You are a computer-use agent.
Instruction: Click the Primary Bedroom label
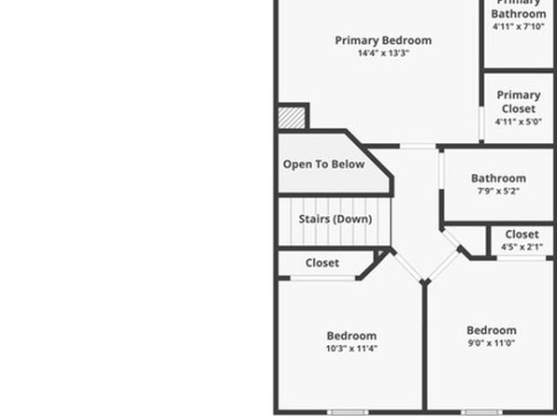point(383,40)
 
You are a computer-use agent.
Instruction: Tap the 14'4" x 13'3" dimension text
point(384,53)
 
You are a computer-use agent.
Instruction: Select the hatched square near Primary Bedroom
point(292,118)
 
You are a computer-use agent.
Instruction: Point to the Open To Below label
point(323,165)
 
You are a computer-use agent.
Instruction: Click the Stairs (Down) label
point(336,219)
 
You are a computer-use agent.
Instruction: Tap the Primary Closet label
point(519,102)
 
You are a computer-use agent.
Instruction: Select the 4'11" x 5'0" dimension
point(519,122)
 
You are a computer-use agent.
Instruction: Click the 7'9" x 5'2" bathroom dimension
point(498,192)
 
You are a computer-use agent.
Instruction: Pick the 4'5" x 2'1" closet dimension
point(521,247)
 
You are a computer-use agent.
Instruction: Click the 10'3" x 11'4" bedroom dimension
point(351,349)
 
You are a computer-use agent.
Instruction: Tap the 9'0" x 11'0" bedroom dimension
point(492,343)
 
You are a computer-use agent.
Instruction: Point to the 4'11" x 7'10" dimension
point(519,27)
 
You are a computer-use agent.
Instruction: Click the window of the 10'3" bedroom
point(348,412)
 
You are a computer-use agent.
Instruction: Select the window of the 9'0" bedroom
point(481,412)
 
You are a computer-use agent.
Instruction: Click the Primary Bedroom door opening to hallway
point(418,146)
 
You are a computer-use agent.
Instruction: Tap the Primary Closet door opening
point(481,123)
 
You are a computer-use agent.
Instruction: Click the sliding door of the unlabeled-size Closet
point(322,278)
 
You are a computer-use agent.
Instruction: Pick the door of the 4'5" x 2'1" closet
point(521,258)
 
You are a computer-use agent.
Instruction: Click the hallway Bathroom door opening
point(441,171)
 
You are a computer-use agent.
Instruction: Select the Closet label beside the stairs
point(322,263)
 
